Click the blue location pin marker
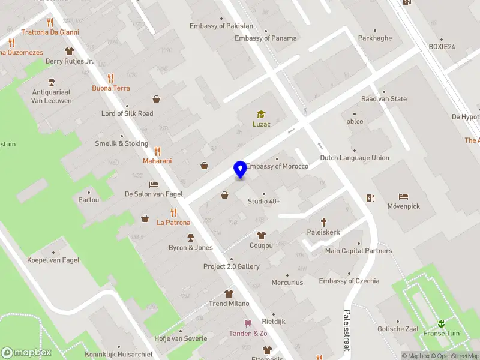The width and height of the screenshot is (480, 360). [x=240, y=170]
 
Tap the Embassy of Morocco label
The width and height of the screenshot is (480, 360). [x=278, y=166]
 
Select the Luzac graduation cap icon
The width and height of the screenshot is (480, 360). [x=261, y=115]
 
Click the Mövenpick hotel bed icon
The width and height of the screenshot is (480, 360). [x=403, y=196]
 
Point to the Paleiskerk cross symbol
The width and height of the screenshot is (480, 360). [x=323, y=221]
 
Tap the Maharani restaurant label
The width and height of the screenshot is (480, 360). [x=157, y=161]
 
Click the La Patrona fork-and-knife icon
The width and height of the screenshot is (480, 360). [x=173, y=212]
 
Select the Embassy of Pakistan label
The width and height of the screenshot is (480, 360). [x=221, y=26]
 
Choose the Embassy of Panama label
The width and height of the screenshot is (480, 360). [x=266, y=38]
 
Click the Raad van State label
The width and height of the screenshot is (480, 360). [x=384, y=99]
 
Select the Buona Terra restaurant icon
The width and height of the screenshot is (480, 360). [x=110, y=78]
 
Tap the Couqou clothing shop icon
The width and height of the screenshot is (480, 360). [x=261, y=235]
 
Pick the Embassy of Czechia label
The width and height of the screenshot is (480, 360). [x=349, y=281]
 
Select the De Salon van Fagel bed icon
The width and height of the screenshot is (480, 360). [x=154, y=185]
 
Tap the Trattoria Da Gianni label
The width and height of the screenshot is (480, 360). [x=50, y=32]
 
